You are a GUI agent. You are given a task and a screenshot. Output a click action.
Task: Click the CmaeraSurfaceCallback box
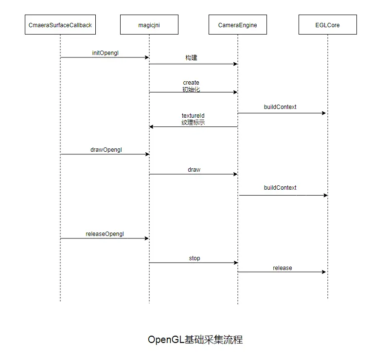(60, 25)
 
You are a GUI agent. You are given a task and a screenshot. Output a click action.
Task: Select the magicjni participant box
(149, 25)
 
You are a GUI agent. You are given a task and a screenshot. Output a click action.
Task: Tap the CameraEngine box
(238, 25)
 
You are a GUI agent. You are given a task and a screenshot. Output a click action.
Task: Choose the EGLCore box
(328, 25)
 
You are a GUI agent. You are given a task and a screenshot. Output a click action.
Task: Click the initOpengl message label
(105, 53)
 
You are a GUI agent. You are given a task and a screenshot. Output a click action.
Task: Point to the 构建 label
(192, 58)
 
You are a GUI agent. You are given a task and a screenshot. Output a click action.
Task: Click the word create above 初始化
(191, 83)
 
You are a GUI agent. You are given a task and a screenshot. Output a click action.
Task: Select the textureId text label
(193, 116)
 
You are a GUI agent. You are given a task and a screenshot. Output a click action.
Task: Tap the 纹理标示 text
(193, 123)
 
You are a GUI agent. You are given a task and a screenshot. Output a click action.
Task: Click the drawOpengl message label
(106, 150)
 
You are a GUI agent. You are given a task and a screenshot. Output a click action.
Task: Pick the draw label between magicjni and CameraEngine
(194, 170)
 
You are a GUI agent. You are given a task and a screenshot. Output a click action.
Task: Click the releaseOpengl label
(105, 234)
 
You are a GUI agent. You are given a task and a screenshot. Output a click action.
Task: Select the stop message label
(195, 258)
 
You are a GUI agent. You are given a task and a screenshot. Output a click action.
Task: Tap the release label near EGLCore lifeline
(283, 268)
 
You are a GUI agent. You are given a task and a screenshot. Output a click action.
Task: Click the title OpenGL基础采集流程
(195, 340)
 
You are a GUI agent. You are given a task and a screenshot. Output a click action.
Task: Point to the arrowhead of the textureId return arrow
(152, 126)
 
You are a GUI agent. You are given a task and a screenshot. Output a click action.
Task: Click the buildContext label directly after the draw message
(280, 188)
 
